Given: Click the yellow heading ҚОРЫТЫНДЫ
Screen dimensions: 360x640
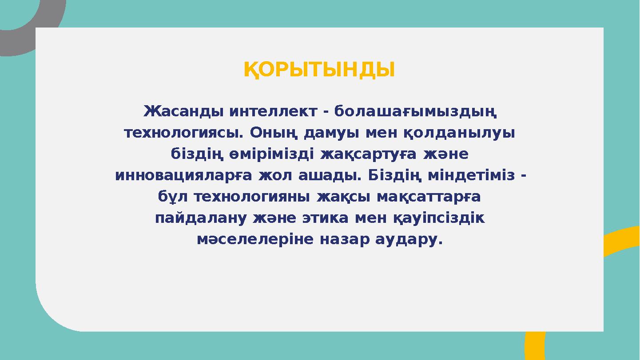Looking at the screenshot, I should pyautogui.click(x=319, y=70).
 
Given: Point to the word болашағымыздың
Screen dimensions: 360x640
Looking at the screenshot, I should pyautogui.click(x=415, y=112).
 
